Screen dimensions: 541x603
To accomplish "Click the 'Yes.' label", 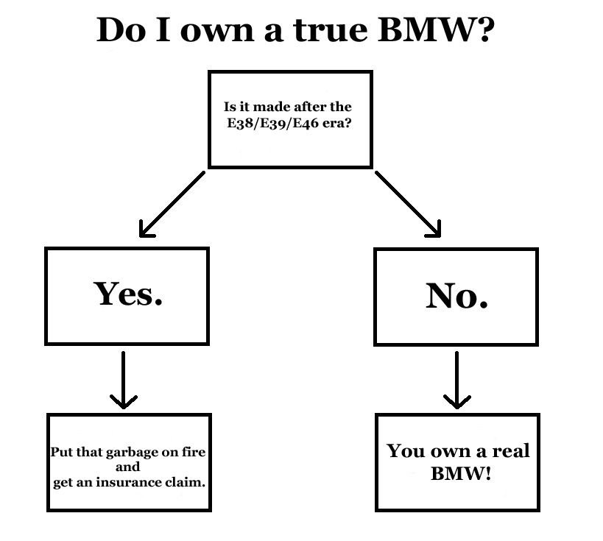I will tap(128, 294).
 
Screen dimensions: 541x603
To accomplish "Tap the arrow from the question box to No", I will tap(409, 205).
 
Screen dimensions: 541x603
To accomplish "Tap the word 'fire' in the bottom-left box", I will tap(194, 452).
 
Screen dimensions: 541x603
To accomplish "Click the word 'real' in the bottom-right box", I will tap(509, 450).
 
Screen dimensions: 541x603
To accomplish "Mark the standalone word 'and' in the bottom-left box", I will tap(128, 467).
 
